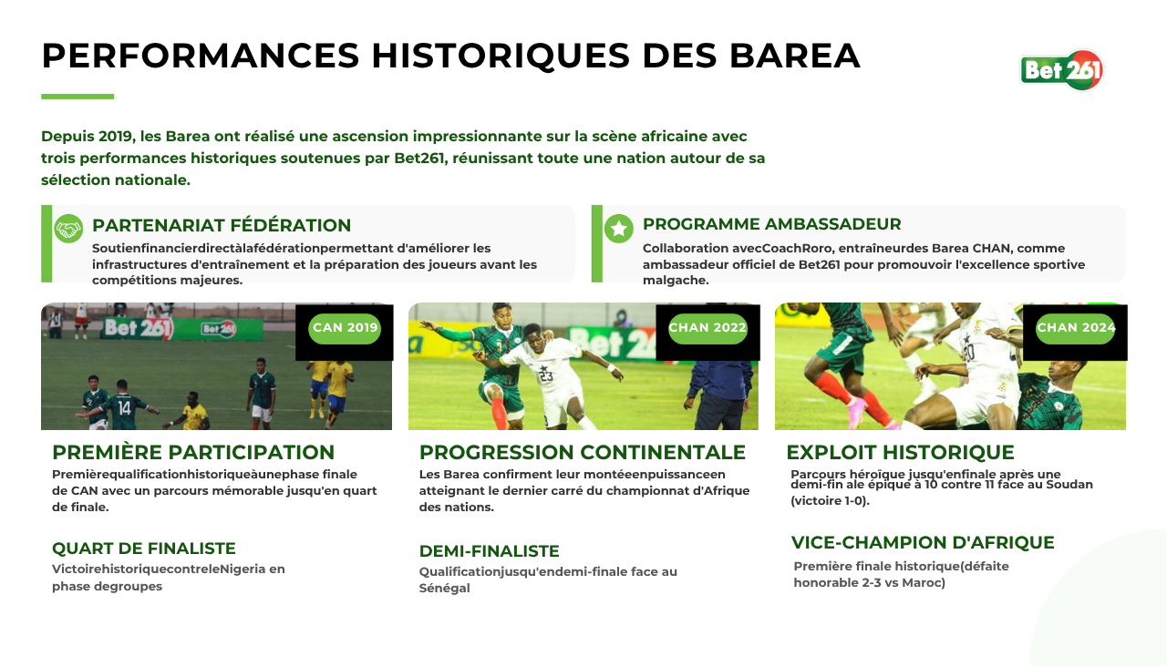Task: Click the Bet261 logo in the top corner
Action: [1062, 70]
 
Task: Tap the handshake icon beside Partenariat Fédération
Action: [68, 229]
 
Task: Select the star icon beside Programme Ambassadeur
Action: [619, 229]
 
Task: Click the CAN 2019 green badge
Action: [345, 328]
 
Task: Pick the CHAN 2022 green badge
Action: [707, 328]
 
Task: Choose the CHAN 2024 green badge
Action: [1075, 328]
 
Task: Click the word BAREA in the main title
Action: [794, 56]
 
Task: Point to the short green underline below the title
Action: [77, 97]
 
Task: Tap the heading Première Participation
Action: [193, 453]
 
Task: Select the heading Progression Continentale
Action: [583, 453]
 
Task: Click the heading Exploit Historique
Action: [900, 453]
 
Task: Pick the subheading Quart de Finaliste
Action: [144, 549]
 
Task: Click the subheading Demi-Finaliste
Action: [490, 551]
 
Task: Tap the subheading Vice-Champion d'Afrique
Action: [923, 542]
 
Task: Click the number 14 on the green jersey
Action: [124, 407]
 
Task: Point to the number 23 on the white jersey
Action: [546, 375]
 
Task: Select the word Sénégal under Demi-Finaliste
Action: [444, 589]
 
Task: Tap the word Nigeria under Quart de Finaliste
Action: [243, 570]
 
